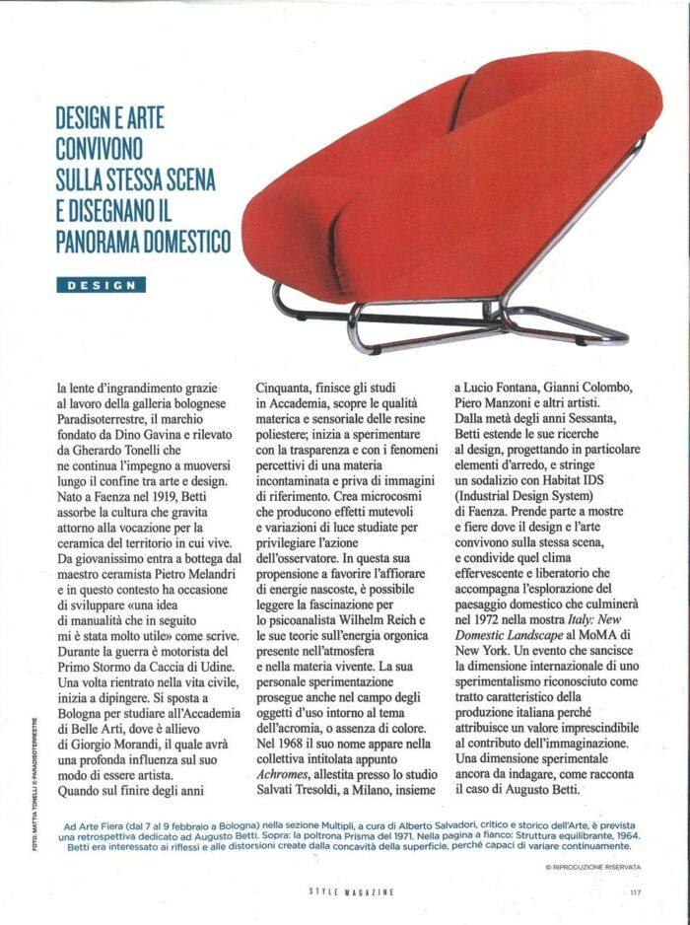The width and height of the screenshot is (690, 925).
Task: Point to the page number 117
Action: (635, 891)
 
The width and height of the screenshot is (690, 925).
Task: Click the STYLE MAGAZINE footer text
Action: (352, 891)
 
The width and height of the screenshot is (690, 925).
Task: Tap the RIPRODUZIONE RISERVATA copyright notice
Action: (592, 866)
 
